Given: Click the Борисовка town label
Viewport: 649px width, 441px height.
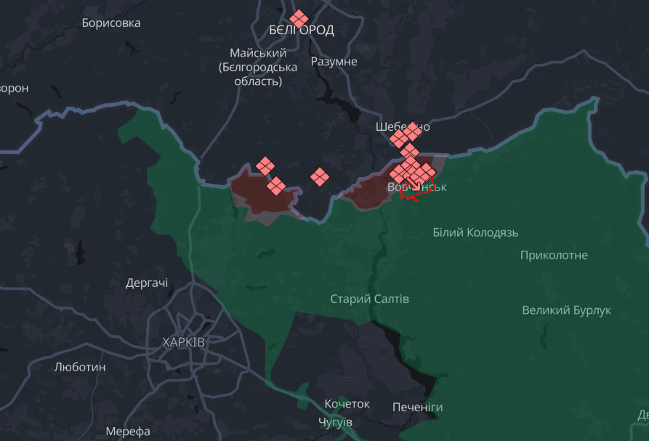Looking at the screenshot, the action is tap(111, 23).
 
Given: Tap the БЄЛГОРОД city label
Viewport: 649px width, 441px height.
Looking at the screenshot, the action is tap(301, 31).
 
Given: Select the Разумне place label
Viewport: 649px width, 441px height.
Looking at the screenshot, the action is tap(334, 62).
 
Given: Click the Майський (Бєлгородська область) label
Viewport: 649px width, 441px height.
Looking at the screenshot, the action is tap(257, 67).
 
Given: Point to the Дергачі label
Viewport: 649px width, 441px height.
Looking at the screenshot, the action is tap(147, 283).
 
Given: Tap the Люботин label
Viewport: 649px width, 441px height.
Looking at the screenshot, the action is tap(80, 367).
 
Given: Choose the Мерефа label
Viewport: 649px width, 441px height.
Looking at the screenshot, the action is tap(128, 431).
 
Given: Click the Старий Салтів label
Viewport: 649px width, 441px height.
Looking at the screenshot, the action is tap(369, 299).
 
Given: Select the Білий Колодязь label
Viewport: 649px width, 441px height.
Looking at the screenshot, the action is tap(475, 232).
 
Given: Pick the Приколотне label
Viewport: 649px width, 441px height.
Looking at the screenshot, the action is tap(554, 256).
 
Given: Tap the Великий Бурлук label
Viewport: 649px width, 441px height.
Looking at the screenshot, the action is tap(566, 310).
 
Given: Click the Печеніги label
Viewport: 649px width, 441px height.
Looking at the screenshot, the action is tap(417, 407).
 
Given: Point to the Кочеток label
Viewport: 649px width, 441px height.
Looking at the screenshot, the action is tap(347, 404).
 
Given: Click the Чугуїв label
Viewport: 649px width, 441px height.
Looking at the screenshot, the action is tap(335, 422).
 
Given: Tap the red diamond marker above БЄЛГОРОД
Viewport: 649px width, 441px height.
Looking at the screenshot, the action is tap(299, 19).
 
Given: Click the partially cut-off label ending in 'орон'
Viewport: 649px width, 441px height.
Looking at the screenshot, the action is tap(14, 89).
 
